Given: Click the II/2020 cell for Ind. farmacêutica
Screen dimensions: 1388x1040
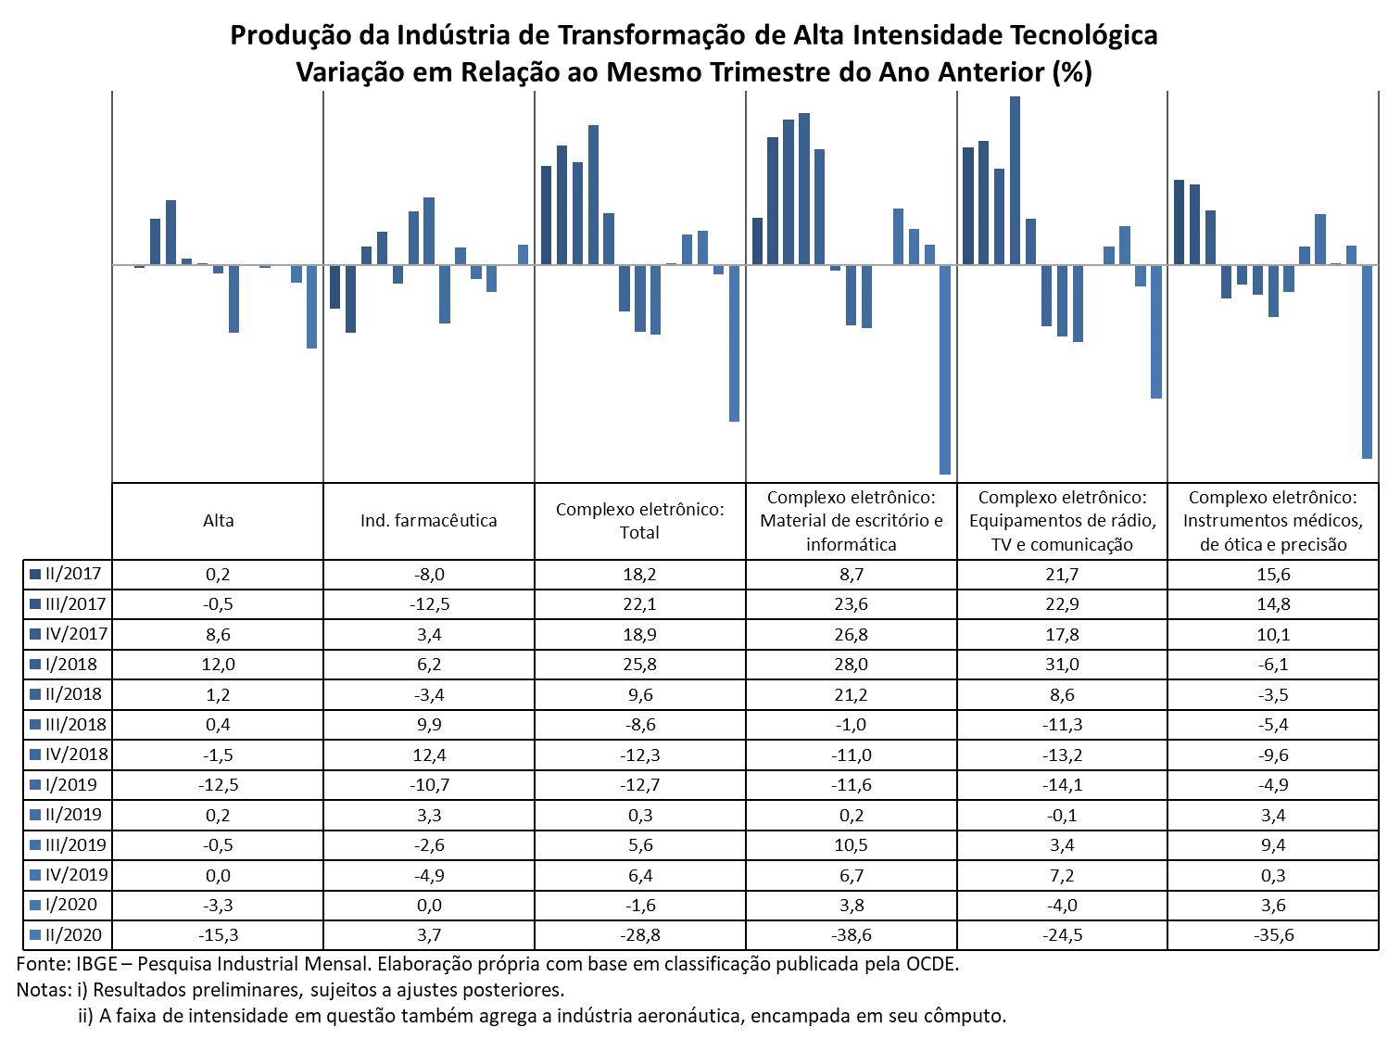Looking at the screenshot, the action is [x=429, y=934].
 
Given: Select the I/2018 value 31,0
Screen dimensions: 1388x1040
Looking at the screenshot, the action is [x=1062, y=664].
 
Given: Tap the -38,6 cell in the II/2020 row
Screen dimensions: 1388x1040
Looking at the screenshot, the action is [x=851, y=934].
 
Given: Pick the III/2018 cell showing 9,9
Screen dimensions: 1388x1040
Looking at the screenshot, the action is [x=429, y=724].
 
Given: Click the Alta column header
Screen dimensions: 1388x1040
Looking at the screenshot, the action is [x=218, y=520].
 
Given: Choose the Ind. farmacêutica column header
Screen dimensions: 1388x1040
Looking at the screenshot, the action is [x=429, y=520].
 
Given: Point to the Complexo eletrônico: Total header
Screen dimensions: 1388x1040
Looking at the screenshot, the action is [x=640, y=520].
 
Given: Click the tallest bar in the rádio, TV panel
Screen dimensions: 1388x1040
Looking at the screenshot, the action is [x=1015, y=181].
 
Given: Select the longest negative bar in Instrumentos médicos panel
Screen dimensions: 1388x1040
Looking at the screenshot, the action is [x=1367, y=361].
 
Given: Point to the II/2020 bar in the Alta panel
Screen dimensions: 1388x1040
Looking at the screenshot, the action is [x=311, y=306].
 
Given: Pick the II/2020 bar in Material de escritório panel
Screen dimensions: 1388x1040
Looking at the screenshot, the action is [x=945, y=370].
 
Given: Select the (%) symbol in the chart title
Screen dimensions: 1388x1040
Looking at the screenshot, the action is [x=1072, y=72].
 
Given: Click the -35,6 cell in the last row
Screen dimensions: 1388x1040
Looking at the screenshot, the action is [x=1273, y=934].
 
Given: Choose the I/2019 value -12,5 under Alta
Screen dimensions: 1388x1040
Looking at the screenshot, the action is [x=218, y=784].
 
